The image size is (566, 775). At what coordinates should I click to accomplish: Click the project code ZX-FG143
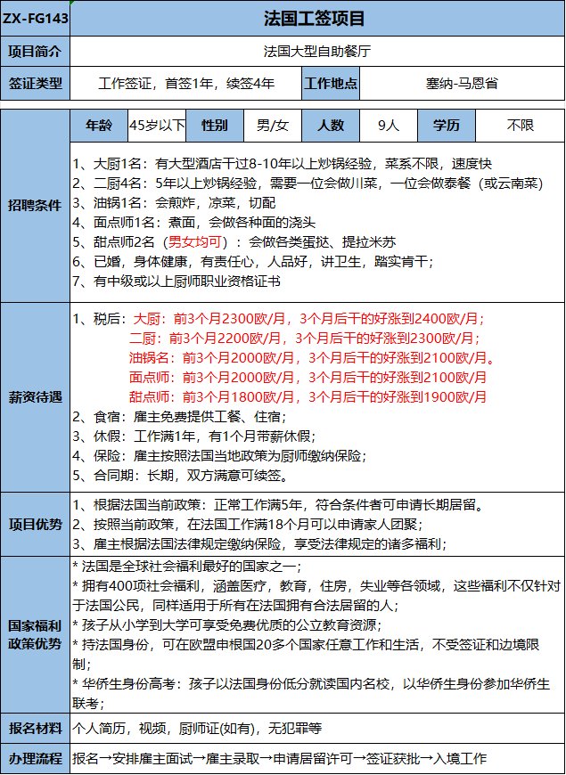click(34, 18)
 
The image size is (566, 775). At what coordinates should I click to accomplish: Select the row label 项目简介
click(35, 51)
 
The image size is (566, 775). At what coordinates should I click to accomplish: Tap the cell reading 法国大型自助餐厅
click(316, 51)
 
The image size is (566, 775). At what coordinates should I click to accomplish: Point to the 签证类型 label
click(35, 85)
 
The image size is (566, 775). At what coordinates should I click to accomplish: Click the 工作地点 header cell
click(332, 85)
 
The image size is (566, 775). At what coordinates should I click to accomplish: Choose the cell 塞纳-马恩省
click(462, 85)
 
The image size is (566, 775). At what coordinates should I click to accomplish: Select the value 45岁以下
click(158, 125)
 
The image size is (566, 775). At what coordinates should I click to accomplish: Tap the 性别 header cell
click(215, 125)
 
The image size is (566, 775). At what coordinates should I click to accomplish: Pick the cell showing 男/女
click(272, 125)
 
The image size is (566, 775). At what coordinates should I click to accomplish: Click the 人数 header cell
click(330, 125)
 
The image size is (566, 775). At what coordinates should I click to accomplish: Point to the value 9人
click(389, 125)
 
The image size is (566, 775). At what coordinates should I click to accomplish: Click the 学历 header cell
click(447, 125)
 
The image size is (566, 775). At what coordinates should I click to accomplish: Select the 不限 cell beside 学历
click(520, 125)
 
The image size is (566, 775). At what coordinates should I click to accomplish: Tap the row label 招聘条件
click(35, 205)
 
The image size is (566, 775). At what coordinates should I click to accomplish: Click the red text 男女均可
click(193, 241)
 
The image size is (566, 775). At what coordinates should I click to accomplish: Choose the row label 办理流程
click(35, 759)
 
